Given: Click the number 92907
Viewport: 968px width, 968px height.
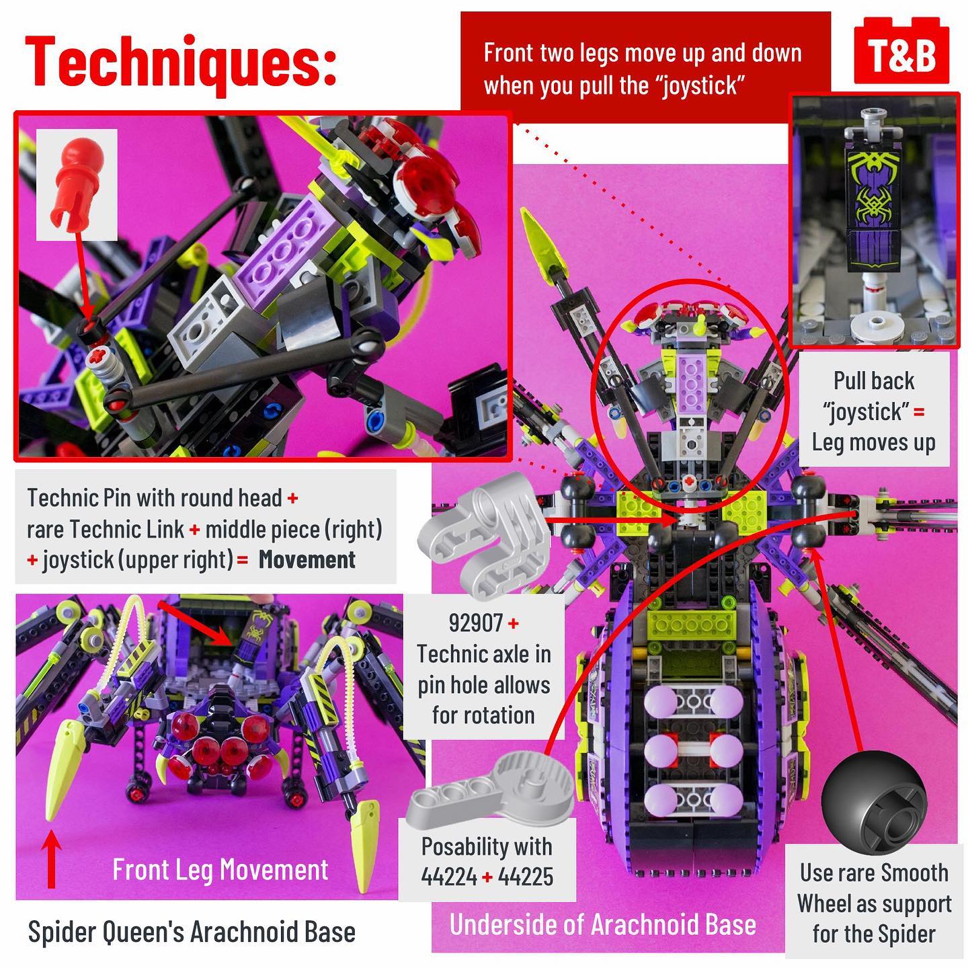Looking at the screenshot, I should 475,623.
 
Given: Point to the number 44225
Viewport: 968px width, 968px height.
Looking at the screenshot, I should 524,877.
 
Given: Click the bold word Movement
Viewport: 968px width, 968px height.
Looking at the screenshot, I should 307,560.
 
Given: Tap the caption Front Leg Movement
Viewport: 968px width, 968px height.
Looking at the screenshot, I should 220,870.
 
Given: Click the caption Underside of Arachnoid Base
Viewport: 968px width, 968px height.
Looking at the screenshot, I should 602,925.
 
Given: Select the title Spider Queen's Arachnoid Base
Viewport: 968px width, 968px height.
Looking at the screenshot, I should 192,932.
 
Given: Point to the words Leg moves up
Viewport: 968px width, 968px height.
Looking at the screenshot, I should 873,442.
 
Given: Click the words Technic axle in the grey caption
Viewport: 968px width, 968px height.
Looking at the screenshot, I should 483,654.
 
